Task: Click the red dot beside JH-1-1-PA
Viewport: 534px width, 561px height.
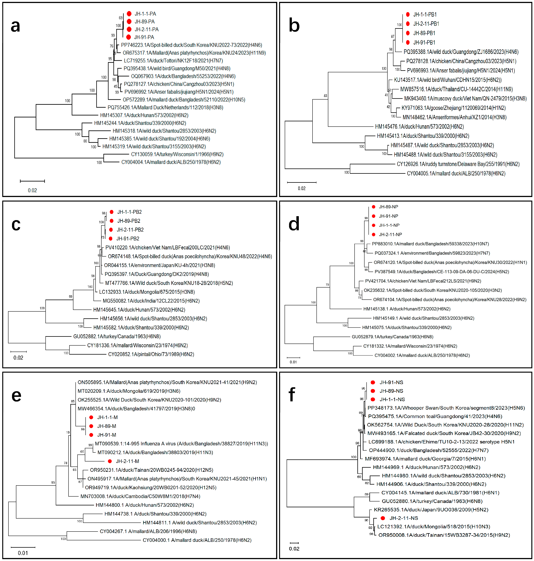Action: [129, 14]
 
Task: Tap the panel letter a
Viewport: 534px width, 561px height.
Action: [15, 26]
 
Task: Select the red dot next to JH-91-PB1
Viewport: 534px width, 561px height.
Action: [408, 42]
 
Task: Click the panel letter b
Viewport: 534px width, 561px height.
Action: [294, 25]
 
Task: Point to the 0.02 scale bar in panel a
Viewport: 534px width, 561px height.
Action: [32, 181]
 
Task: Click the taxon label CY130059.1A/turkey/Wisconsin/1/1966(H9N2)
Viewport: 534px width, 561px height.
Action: [177, 154]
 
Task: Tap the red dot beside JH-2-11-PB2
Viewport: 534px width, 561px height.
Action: [111, 230]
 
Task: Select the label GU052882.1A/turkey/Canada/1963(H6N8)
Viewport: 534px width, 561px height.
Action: [117, 336]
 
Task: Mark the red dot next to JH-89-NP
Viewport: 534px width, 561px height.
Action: [374, 207]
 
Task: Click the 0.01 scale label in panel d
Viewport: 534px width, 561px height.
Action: [293, 362]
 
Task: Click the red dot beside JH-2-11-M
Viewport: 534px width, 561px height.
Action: [110, 461]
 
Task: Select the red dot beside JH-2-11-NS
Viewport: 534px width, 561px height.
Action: [383, 518]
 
